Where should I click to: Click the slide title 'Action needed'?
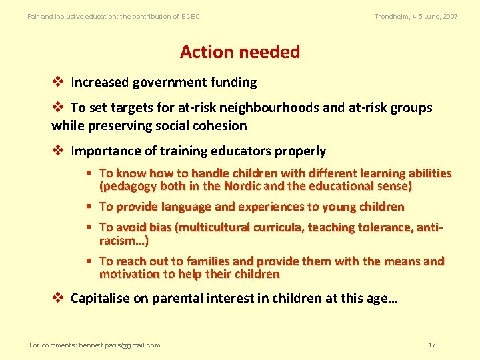click(x=240, y=52)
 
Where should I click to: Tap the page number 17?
click(x=432, y=345)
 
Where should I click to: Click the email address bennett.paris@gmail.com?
click(x=119, y=345)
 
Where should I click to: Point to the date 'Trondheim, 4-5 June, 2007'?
click(x=416, y=16)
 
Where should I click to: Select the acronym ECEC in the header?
click(x=190, y=16)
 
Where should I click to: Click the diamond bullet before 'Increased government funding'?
click(x=58, y=83)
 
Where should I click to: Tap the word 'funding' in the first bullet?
click(x=233, y=83)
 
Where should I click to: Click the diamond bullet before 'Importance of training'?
click(x=58, y=151)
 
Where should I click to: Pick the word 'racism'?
click(x=117, y=241)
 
